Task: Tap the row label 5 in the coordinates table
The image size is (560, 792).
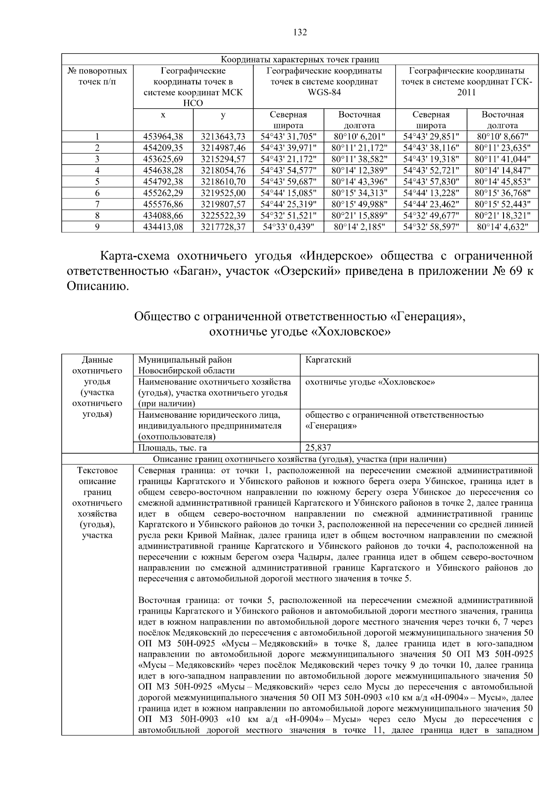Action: [x=97, y=182]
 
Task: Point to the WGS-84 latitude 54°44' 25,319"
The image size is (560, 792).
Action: [x=288, y=204]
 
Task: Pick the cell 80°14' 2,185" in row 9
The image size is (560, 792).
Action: [x=359, y=227]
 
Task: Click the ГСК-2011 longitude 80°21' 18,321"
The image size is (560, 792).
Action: [x=502, y=216]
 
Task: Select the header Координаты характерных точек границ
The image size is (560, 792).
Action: [x=300, y=60]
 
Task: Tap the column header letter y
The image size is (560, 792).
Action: [x=223, y=114]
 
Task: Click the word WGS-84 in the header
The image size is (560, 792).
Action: [x=324, y=92]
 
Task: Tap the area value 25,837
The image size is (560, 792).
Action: [x=318, y=448]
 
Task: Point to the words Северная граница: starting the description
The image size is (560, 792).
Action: [x=176, y=470]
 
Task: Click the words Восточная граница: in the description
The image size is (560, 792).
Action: [x=178, y=600]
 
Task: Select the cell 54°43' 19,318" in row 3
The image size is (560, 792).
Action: [x=431, y=159]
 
